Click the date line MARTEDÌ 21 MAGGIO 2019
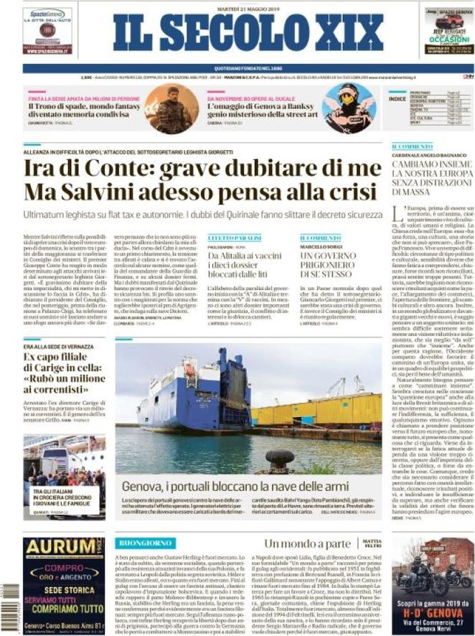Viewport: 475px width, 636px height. click(237, 9)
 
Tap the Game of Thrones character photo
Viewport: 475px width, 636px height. click(171, 108)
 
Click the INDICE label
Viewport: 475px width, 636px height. click(397, 98)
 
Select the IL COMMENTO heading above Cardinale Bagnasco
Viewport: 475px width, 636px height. click(412, 146)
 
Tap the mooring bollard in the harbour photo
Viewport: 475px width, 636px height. click(279, 457)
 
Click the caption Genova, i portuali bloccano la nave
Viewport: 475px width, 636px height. click(237, 485)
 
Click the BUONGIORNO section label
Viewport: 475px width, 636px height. click(144, 543)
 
